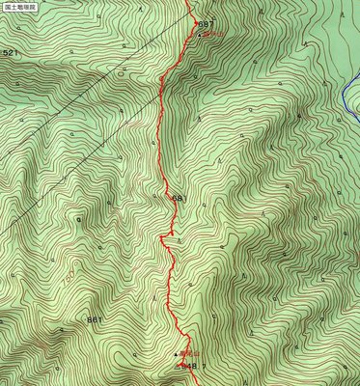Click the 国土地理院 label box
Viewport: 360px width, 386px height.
tap(19, 6)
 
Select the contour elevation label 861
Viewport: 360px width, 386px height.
tap(94, 319)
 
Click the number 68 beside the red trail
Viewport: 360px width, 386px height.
tap(176, 199)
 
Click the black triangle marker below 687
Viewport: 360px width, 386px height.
tap(199, 34)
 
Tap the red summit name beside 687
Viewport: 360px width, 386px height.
tap(213, 34)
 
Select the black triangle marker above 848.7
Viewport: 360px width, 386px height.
tap(176, 355)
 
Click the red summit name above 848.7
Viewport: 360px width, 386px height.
tap(189, 355)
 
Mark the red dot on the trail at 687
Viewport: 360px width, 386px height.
tap(195, 21)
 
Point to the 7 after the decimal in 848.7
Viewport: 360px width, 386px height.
tap(206, 366)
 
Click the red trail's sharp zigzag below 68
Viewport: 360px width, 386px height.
tap(167, 241)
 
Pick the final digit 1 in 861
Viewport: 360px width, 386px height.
tap(99, 319)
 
